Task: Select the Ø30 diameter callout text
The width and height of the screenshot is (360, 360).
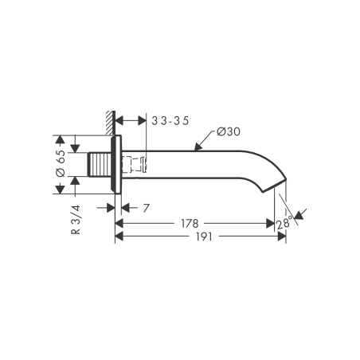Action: tap(228, 132)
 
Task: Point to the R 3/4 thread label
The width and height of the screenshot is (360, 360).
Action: tap(75, 219)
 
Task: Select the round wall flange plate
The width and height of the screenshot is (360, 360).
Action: tap(117, 166)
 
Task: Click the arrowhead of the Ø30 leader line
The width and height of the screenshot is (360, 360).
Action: tap(198, 147)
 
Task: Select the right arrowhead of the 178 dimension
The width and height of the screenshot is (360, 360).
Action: tap(271, 224)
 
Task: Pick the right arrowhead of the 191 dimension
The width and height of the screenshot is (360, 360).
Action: tap(283, 237)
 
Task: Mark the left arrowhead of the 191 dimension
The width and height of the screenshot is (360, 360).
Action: tap(119, 237)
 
